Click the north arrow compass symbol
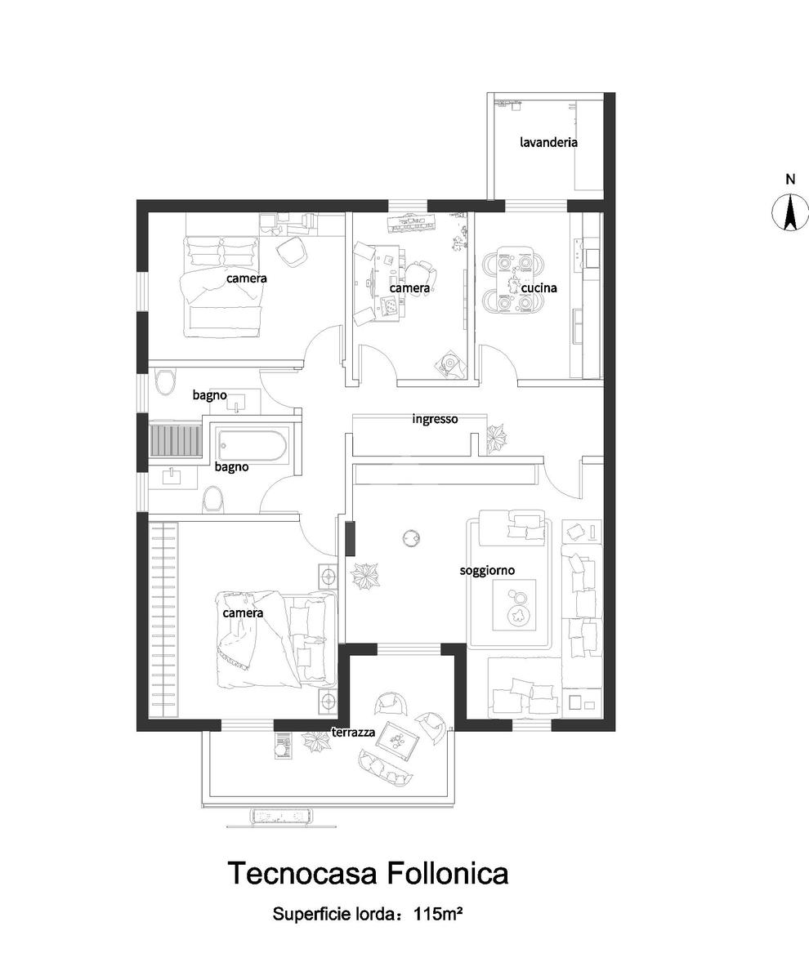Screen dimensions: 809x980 pos(790,212)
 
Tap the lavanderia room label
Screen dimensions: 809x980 pos(548,142)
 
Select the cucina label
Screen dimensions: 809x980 pos(539,287)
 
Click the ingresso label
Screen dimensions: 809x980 pos(435,419)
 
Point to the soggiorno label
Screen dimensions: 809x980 pos(487,570)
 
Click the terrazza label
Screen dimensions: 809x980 pos(353,733)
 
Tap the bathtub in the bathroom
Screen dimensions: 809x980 pos(251,447)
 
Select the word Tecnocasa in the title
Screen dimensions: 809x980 pos(301,873)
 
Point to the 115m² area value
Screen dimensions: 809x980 pos(439,914)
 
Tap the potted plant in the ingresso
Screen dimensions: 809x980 pos(495,439)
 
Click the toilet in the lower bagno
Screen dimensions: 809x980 pos(212,498)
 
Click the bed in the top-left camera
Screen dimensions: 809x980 pos(222,286)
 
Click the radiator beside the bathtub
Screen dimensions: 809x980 pos(175,441)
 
